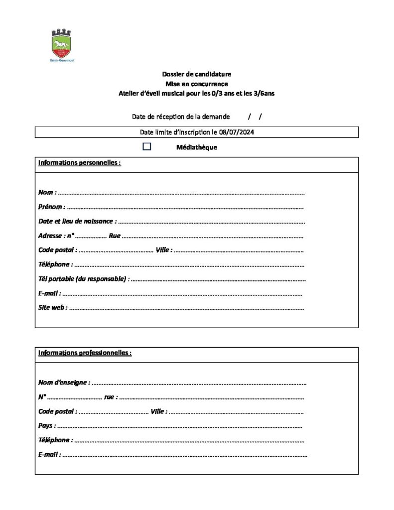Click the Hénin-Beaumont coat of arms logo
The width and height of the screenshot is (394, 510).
point(61,44)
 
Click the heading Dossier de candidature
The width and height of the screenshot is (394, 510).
point(197,75)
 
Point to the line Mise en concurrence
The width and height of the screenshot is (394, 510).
point(197,84)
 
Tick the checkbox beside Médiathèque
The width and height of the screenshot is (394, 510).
point(147,146)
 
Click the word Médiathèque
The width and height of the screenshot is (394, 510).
point(197,147)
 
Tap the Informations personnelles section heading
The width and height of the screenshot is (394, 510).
point(79,163)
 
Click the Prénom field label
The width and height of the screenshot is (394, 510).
point(51,207)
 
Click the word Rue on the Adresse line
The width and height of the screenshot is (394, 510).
point(114,236)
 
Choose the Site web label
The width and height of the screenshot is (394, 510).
point(52,308)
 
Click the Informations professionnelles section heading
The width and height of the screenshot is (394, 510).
point(85,353)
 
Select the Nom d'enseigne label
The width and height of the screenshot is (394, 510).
point(64,382)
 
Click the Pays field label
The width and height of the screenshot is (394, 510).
point(47,426)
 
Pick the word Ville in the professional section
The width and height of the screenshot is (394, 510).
point(158,412)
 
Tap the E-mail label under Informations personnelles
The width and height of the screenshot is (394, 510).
point(49,293)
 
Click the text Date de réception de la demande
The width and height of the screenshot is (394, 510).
point(181,117)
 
